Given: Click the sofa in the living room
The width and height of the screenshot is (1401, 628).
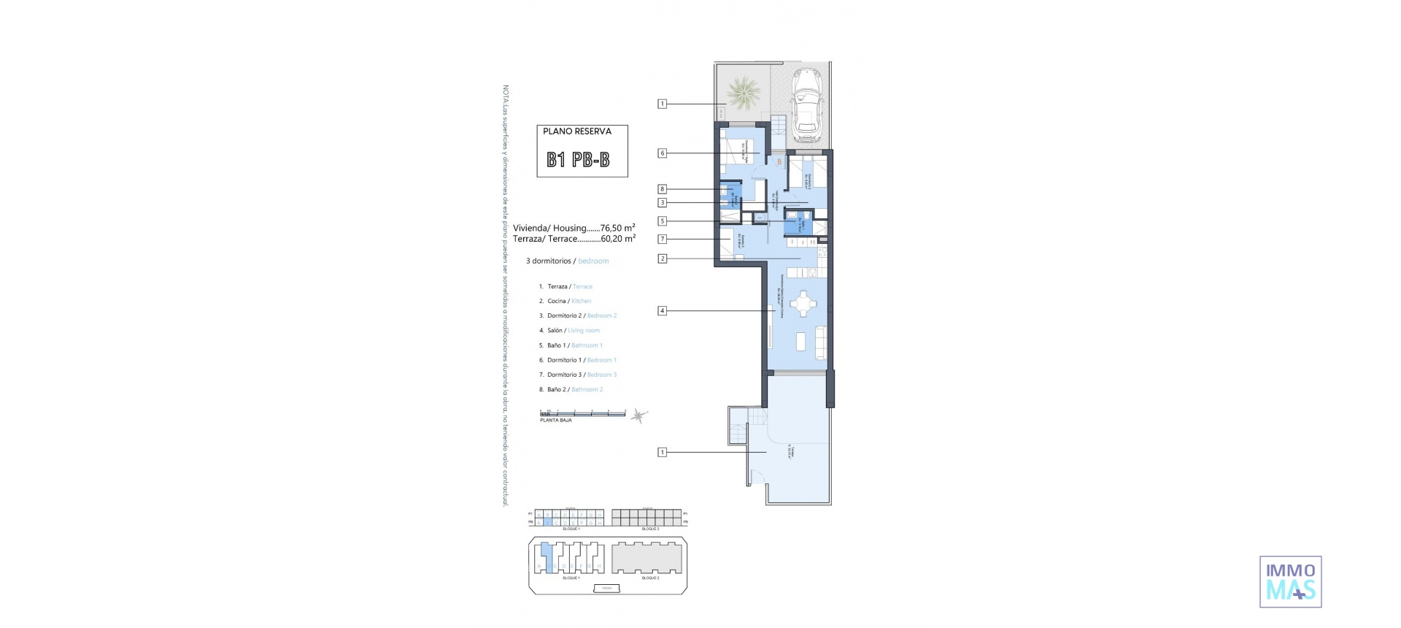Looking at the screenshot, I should pos(822,342).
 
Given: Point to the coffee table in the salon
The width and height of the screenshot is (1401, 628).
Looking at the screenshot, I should pos(800,341).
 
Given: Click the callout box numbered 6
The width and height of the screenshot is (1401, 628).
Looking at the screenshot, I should pos(663,153).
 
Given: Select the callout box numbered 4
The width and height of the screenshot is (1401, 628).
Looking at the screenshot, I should pos(663,311).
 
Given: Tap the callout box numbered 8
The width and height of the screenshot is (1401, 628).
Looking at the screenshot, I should pos(663,189).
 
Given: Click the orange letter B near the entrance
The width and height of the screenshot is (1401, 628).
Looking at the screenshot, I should pos(779,161).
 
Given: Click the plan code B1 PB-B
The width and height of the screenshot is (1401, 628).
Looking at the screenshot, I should pos(578,160).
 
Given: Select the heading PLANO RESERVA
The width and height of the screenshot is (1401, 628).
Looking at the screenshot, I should pos(577,131).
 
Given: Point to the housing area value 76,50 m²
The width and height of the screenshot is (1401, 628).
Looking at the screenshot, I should pos(617,228).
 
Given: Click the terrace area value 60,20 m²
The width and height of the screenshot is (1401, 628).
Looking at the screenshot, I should pos(618,239).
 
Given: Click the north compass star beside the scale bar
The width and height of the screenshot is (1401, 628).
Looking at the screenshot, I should pos(638,416).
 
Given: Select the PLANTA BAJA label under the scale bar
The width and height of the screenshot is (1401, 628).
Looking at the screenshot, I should pos(555,421).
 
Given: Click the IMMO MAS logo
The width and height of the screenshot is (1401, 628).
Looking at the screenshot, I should pos(1291,581).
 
